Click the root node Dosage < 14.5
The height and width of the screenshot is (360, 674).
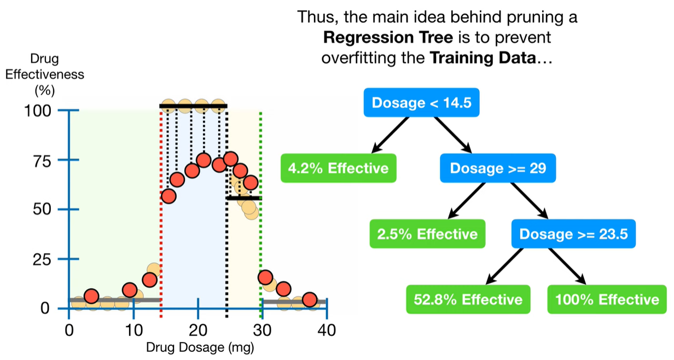(x=421, y=102)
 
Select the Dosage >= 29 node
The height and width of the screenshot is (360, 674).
(x=497, y=168)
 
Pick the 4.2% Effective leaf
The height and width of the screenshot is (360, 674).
(x=338, y=168)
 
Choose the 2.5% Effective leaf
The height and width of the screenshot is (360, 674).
(x=427, y=234)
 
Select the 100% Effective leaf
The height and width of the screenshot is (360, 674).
(x=607, y=299)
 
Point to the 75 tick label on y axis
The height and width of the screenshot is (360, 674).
(x=43, y=160)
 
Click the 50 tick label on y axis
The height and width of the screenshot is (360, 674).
(x=43, y=210)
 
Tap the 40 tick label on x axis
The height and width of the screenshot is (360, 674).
(x=326, y=330)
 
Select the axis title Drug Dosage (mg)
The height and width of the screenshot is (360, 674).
(x=200, y=347)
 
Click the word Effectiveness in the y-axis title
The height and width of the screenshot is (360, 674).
(x=45, y=74)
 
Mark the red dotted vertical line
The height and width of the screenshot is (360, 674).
(x=161, y=219)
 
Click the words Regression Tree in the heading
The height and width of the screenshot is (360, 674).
(x=382, y=38)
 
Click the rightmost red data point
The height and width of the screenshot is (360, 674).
(x=310, y=299)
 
